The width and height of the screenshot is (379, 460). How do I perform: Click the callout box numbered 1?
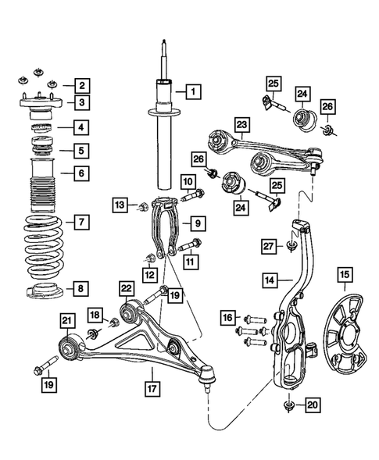pyautogui.click(x=191, y=91)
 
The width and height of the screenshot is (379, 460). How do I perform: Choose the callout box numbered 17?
pyautogui.click(x=148, y=386)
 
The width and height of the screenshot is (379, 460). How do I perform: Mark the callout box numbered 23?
pyautogui.click(x=241, y=125)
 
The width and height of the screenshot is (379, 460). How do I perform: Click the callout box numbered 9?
pyautogui.click(x=198, y=224)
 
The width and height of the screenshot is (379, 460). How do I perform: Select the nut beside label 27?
pyautogui.click(x=291, y=248)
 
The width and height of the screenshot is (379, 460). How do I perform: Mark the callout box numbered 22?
pyautogui.click(x=125, y=289)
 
